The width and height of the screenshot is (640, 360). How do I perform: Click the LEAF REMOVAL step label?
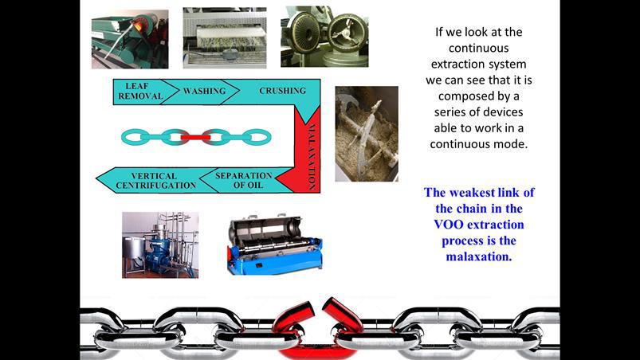click(x=140, y=92)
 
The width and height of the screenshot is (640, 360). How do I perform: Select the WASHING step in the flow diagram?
click(x=205, y=91)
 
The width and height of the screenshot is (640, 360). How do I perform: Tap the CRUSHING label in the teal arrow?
click(x=282, y=91)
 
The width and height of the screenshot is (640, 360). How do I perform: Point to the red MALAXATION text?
click(x=312, y=157)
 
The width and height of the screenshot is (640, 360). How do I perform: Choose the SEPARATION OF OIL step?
click(x=244, y=180)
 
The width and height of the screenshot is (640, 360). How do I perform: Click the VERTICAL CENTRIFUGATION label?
click(x=155, y=181)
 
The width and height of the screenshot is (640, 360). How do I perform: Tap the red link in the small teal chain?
click(x=195, y=138)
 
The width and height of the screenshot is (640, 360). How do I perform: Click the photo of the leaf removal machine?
click(x=130, y=39)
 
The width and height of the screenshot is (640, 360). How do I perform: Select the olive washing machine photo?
click(x=225, y=37)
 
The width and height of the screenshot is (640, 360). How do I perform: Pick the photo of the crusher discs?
click(x=324, y=37)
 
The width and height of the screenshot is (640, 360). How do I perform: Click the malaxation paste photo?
click(x=367, y=134)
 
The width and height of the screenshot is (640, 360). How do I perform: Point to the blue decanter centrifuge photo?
click(x=275, y=244)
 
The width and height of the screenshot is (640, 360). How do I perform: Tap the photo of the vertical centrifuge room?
click(x=160, y=245)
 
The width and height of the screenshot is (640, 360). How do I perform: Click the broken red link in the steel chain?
click(x=317, y=327)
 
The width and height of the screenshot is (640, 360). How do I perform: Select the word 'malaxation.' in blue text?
click(x=479, y=256)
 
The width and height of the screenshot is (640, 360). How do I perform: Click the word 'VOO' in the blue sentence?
click(x=449, y=225)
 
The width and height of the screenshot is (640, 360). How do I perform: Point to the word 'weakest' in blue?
click(x=475, y=193)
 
